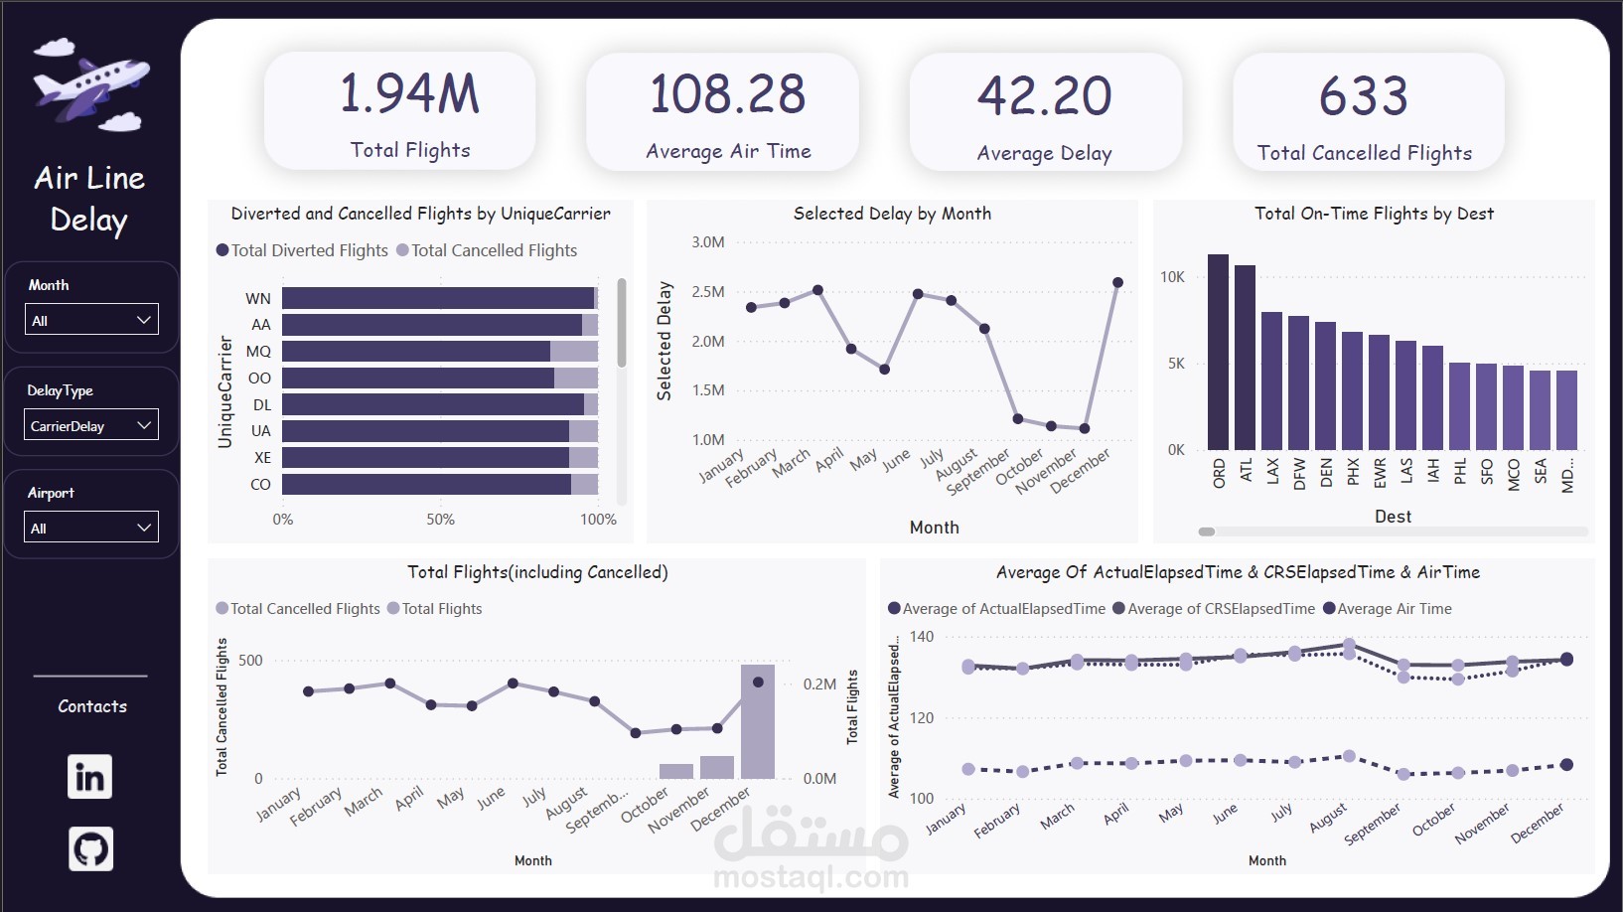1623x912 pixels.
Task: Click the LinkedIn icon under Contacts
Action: [89, 777]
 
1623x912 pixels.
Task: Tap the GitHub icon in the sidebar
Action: [90, 849]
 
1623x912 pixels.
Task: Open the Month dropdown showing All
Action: [91, 320]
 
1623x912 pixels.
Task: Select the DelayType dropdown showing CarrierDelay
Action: [91, 425]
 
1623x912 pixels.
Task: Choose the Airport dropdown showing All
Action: [91, 528]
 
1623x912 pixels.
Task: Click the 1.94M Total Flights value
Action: [409, 94]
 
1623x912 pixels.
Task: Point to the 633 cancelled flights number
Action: [1363, 96]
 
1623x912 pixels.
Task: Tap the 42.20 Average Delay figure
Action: [1044, 96]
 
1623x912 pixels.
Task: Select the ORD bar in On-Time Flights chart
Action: [1218, 352]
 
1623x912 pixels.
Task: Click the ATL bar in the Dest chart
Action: [1245, 358]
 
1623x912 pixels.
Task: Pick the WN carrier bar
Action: [437, 298]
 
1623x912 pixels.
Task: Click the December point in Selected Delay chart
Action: [1117, 283]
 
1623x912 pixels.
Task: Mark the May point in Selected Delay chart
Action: [884, 370]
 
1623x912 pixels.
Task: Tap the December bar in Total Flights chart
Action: [758, 721]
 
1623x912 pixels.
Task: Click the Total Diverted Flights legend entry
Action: [302, 250]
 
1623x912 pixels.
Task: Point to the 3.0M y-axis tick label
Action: [708, 242]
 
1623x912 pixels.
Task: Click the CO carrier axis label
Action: [260, 485]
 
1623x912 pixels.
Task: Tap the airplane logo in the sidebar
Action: [91, 86]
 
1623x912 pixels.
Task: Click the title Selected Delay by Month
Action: [892, 214]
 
